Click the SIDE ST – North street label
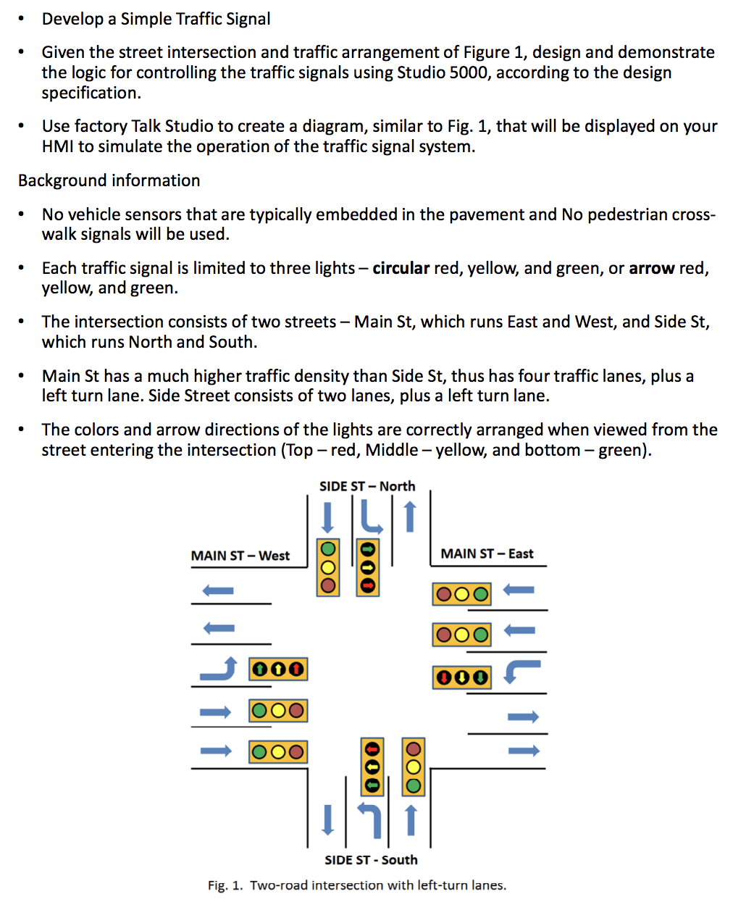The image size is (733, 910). pyautogui.click(x=367, y=486)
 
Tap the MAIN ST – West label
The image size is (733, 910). pyautogui.click(x=240, y=556)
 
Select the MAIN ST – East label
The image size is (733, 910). pyautogui.click(x=487, y=554)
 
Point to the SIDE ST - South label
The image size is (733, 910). pyautogui.click(x=371, y=860)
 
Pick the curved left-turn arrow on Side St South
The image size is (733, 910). pyautogui.click(x=370, y=819)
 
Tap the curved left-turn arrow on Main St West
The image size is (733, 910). pyautogui.click(x=219, y=669)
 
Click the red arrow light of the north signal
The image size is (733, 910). pyautogui.click(x=368, y=585)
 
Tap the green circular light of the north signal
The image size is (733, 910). pyautogui.click(x=328, y=548)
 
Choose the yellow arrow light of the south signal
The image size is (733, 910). pyautogui.click(x=372, y=767)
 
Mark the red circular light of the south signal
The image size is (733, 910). pyautogui.click(x=414, y=749)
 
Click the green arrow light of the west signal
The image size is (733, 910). pyautogui.click(x=260, y=669)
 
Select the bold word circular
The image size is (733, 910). pyautogui.click(x=401, y=268)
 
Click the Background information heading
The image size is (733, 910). pyautogui.click(x=109, y=180)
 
